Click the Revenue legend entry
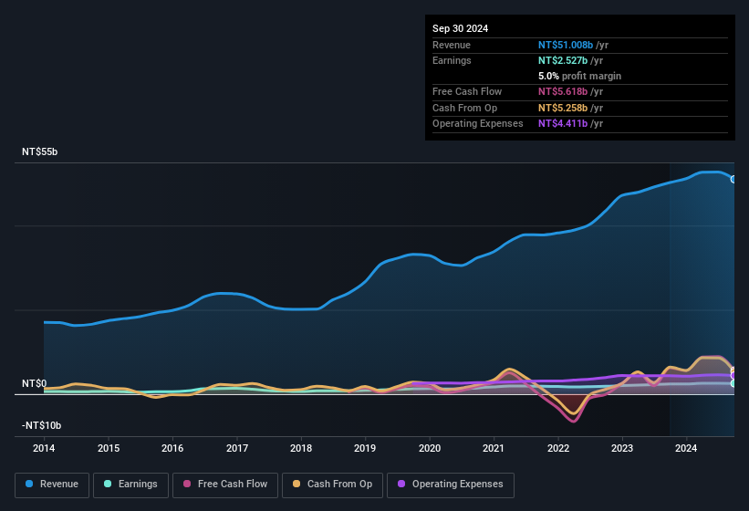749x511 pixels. [52, 485]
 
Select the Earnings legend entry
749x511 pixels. [130, 485]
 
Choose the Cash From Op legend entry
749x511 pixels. [332, 485]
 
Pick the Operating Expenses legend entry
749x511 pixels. [450, 485]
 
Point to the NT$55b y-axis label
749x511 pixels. [39, 152]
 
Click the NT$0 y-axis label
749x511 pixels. [34, 384]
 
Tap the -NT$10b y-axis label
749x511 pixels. [41, 426]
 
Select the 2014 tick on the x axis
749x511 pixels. [44, 448]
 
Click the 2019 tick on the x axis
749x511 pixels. [365, 448]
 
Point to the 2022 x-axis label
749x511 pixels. [558, 448]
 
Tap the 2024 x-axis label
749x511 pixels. [686, 448]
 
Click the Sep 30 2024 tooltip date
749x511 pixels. [460, 28]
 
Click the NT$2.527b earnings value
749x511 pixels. [564, 60]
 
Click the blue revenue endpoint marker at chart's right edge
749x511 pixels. [733, 179]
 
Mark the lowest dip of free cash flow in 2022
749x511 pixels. [574, 421]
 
